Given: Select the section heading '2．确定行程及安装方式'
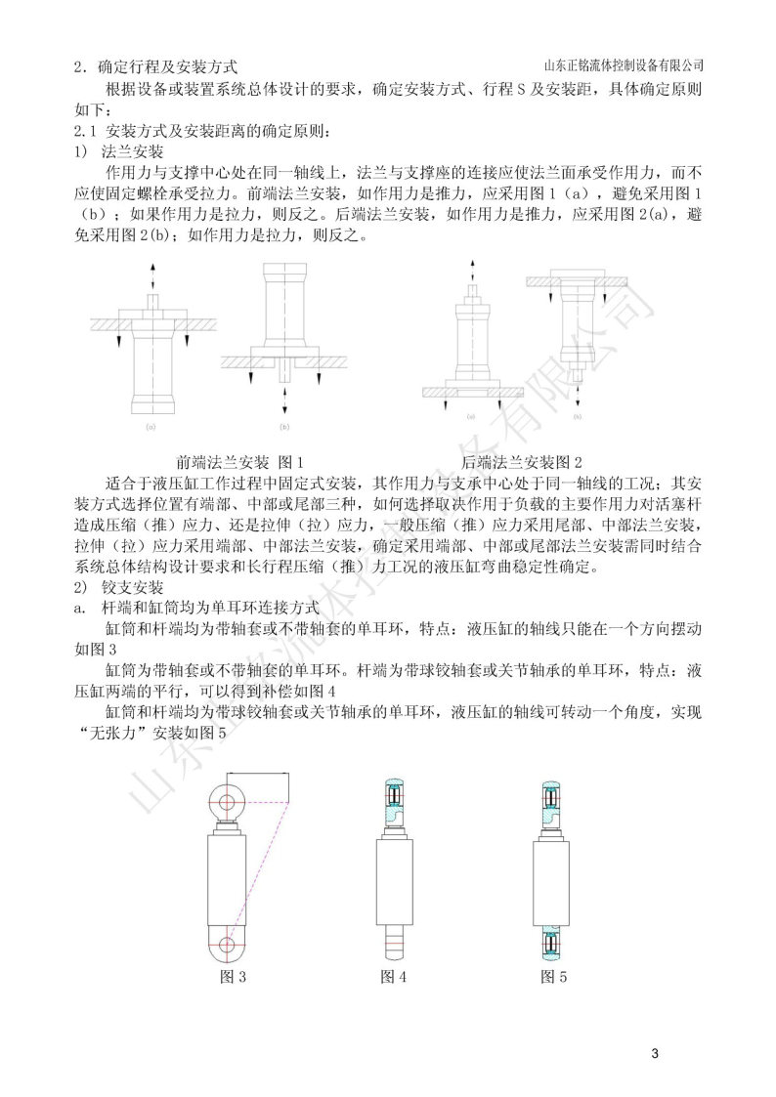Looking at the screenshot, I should pos(156,67).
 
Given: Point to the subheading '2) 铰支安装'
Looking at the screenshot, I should pos(118,588).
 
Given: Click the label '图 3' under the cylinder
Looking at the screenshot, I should pos(232,975).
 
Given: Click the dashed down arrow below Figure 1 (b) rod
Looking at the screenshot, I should pos(284,396).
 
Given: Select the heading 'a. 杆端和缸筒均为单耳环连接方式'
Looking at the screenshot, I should pos(181,608).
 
